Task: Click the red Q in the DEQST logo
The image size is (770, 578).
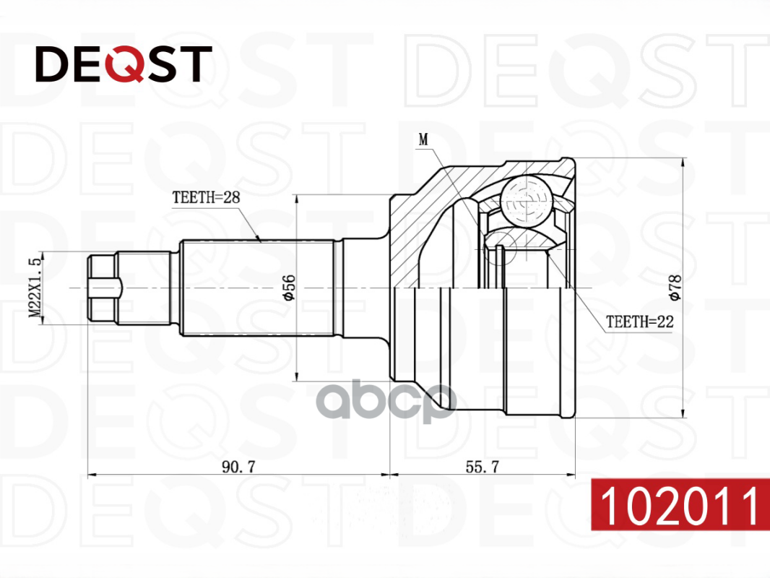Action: (125, 64)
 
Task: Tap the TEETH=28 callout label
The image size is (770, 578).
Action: (206, 197)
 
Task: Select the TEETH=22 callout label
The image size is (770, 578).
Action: (639, 322)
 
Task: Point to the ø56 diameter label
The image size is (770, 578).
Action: (288, 288)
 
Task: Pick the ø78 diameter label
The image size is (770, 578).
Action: (675, 288)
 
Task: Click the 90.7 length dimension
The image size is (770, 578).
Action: (238, 467)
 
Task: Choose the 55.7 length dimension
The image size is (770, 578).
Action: (483, 467)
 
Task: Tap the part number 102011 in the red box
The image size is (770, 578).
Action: (680, 505)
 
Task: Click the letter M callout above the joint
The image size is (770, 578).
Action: (423, 140)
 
